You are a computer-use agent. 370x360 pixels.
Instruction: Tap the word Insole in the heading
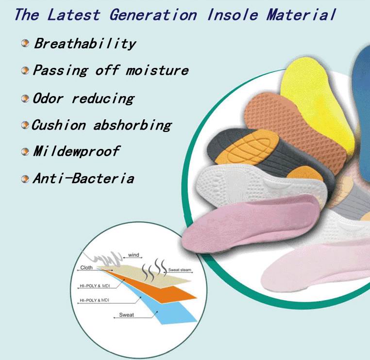(x=233, y=15)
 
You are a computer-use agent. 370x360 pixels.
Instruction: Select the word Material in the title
(x=301, y=15)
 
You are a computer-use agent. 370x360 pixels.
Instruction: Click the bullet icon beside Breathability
(x=25, y=43)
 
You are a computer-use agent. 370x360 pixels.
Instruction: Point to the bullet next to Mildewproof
(x=25, y=151)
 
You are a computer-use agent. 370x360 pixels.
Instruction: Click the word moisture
(x=157, y=70)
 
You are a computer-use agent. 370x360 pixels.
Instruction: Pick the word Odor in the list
(x=48, y=98)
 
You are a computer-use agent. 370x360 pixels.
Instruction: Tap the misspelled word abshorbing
(x=133, y=125)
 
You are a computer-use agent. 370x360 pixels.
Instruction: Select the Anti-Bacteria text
(x=84, y=178)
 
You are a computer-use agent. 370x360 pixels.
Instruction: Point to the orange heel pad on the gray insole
(x=305, y=174)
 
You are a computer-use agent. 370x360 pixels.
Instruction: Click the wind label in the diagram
(x=134, y=255)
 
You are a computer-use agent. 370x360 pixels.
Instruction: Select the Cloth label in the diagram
(x=86, y=268)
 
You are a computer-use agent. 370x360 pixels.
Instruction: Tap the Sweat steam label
(x=180, y=270)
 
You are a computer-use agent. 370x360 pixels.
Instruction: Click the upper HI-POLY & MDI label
(x=95, y=286)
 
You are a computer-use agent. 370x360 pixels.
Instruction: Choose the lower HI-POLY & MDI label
(x=94, y=300)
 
